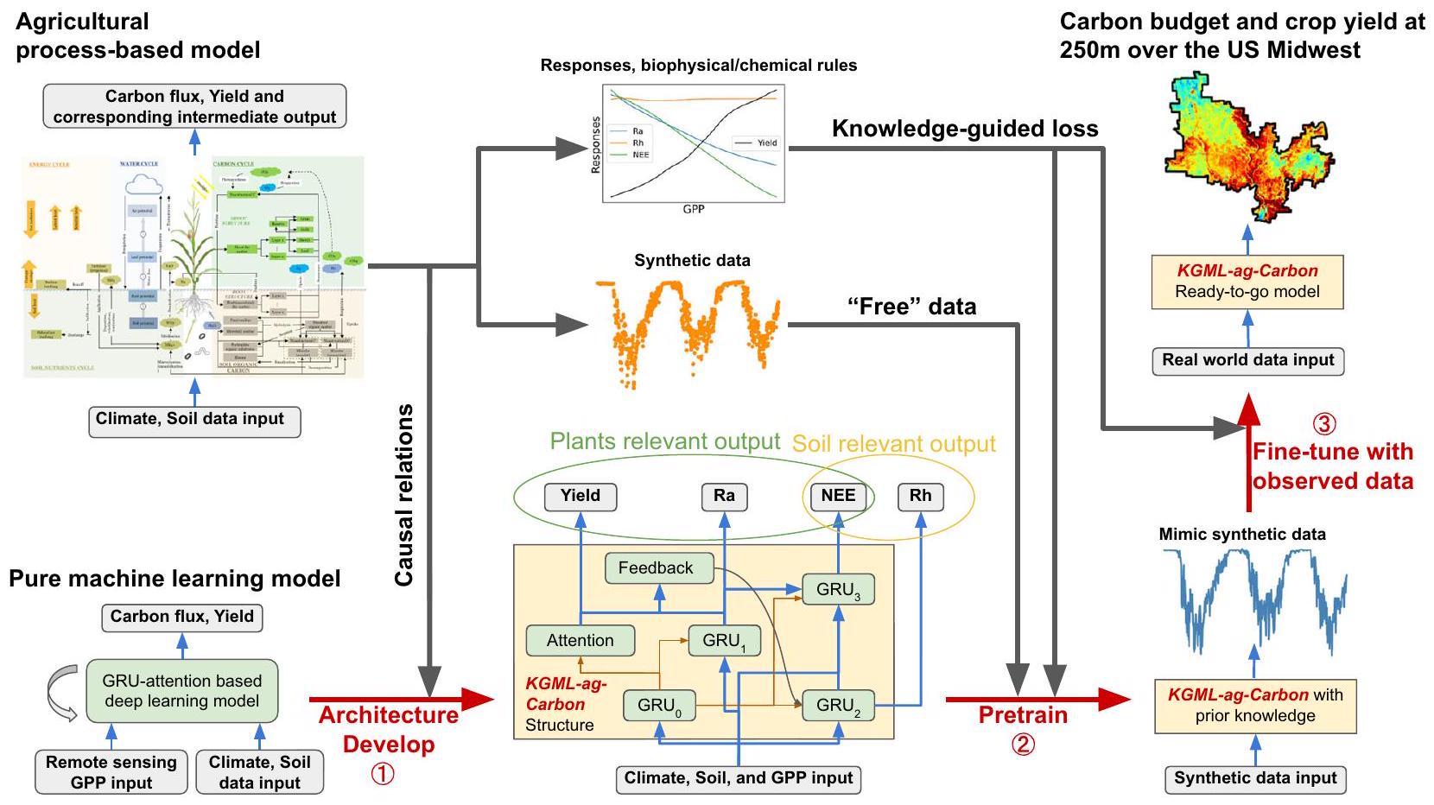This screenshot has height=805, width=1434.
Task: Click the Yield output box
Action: [580, 496]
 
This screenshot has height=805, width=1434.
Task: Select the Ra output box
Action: [724, 496]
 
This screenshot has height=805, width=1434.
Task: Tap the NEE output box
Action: [838, 496]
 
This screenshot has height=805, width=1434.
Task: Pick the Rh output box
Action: [920, 496]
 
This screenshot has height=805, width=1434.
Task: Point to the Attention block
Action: [580, 641]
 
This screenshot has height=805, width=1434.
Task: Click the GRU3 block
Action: [838, 590]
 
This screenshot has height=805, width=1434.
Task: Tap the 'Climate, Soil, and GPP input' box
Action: [739, 778]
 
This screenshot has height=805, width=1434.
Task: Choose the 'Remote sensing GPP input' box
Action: [111, 772]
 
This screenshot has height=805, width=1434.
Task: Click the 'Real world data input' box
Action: [1247, 360]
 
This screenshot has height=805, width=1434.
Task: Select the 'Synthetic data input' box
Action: [1254, 778]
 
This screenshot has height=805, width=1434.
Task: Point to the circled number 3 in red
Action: [1323, 424]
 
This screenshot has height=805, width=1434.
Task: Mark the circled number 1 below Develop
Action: [383, 774]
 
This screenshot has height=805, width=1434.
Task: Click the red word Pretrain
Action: [1023, 715]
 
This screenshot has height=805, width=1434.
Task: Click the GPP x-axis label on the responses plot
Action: [694, 209]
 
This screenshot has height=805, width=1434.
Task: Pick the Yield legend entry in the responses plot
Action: [758, 143]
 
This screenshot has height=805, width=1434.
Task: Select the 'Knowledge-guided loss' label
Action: [964, 129]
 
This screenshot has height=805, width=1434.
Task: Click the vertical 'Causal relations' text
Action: [404, 495]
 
